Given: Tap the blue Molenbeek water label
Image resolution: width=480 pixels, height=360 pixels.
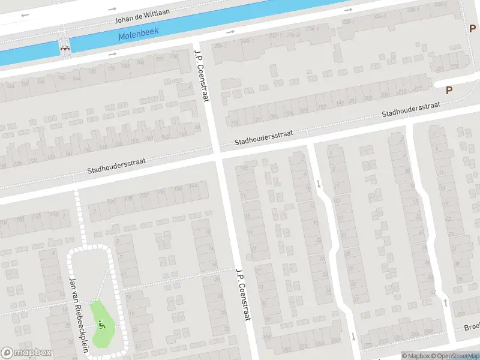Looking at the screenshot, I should point(137,35).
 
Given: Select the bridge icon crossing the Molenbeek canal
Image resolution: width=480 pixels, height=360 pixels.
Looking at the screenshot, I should point(64,47).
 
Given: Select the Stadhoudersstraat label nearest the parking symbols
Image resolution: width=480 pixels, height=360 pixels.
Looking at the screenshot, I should point(412,109).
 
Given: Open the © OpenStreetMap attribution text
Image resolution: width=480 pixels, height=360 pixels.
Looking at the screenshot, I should point(454,356).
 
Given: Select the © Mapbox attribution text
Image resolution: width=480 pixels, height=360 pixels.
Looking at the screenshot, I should point(415,356).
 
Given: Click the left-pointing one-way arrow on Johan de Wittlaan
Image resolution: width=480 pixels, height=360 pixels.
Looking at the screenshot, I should point(25,15).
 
